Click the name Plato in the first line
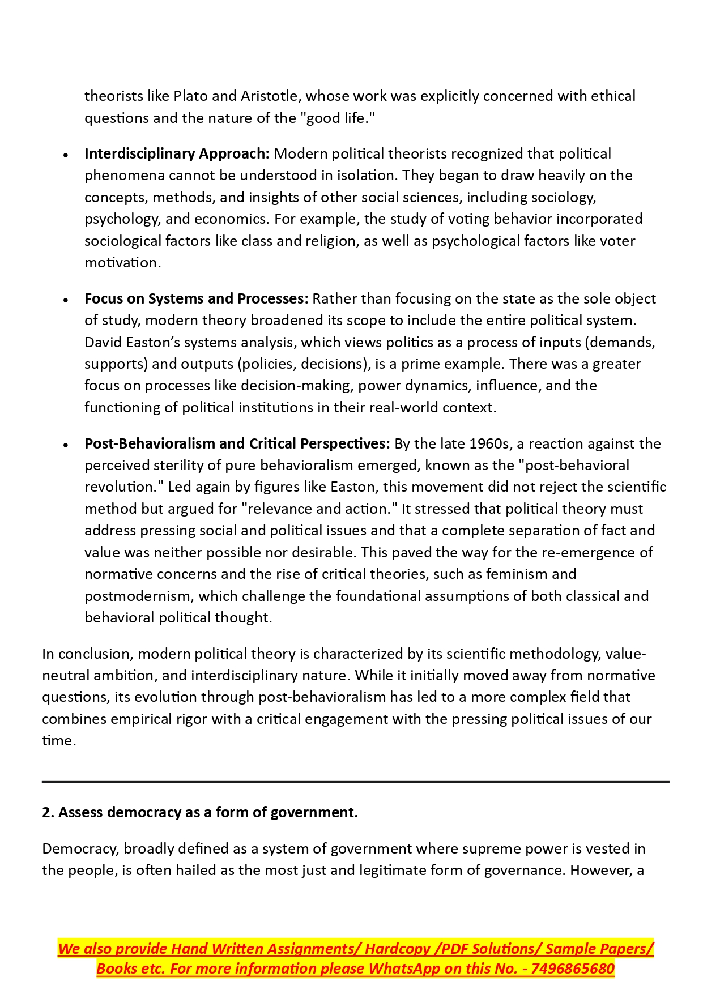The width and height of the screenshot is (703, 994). (190, 96)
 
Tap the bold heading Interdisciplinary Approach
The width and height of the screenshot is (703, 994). (177, 153)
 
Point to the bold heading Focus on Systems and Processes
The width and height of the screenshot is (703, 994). (196, 298)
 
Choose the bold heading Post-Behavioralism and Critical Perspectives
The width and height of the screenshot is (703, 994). (237, 443)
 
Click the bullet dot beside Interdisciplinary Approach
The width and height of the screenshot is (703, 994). (66, 155)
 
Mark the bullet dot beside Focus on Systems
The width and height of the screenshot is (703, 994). (66, 300)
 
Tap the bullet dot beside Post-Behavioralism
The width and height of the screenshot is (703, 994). (66, 445)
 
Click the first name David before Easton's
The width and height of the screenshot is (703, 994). (103, 342)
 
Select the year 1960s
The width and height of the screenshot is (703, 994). (489, 443)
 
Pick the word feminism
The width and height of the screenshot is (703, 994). (516, 574)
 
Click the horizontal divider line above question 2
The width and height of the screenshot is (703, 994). (355, 782)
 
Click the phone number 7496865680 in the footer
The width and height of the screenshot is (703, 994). (573, 969)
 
